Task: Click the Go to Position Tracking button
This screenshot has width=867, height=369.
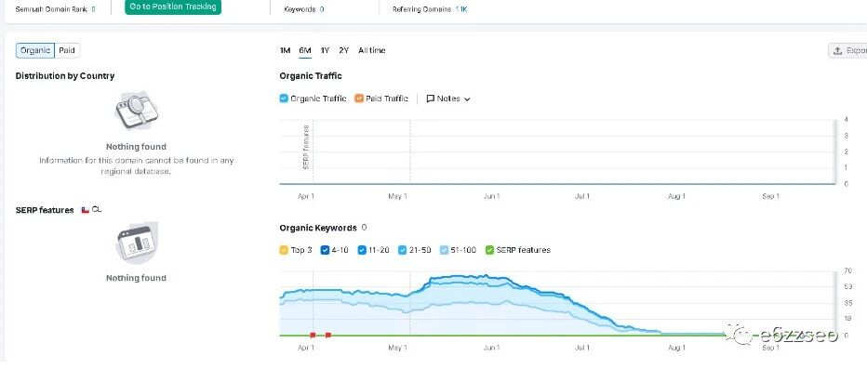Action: (x=172, y=7)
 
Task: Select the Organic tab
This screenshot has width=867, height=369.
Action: (x=35, y=50)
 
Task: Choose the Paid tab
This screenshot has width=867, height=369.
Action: (x=67, y=50)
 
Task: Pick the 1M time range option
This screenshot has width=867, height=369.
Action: (x=285, y=50)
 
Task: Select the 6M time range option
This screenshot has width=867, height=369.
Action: (x=305, y=50)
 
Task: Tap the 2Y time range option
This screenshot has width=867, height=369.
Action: (x=344, y=50)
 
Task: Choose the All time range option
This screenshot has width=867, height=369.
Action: (x=371, y=50)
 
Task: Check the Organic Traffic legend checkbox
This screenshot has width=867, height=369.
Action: (x=284, y=99)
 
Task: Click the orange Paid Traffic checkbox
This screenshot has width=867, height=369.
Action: (x=359, y=99)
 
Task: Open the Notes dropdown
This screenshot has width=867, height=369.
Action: (x=447, y=99)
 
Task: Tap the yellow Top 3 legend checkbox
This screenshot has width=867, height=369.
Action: (x=284, y=250)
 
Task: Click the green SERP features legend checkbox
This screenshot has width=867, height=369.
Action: (x=489, y=250)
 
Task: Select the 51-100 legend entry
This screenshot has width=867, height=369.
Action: (x=458, y=250)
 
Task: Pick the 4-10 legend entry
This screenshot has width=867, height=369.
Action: (x=334, y=250)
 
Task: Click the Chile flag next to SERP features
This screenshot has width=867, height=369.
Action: (x=86, y=210)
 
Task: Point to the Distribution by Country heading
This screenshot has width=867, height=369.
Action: (x=65, y=75)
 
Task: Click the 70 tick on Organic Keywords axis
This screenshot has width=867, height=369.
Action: (x=847, y=270)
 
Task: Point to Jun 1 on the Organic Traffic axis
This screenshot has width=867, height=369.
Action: (x=491, y=196)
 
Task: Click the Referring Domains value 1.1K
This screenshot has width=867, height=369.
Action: (x=461, y=9)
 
